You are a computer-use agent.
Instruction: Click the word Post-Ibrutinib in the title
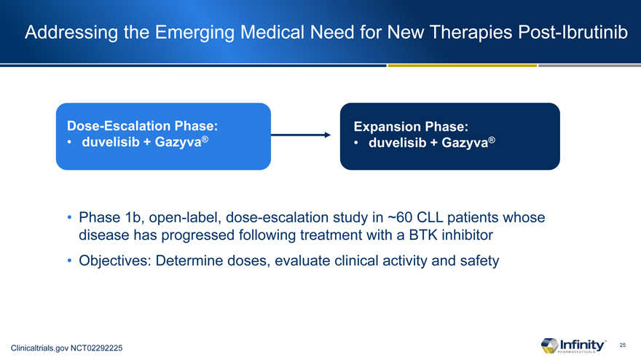click(573, 32)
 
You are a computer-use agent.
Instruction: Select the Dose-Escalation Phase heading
click(142, 125)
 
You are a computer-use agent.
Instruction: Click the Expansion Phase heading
click(411, 126)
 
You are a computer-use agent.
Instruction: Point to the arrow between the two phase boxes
click(300, 135)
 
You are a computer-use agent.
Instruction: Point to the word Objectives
click(115, 261)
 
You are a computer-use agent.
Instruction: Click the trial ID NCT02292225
click(96, 348)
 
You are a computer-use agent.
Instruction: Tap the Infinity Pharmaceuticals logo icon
click(549, 345)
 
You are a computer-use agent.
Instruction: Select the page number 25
click(623, 345)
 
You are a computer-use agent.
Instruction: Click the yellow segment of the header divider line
click(463, 66)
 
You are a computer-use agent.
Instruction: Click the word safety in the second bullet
click(479, 261)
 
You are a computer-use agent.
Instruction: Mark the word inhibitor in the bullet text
click(467, 235)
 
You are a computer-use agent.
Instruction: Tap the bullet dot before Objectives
click(69, 261)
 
